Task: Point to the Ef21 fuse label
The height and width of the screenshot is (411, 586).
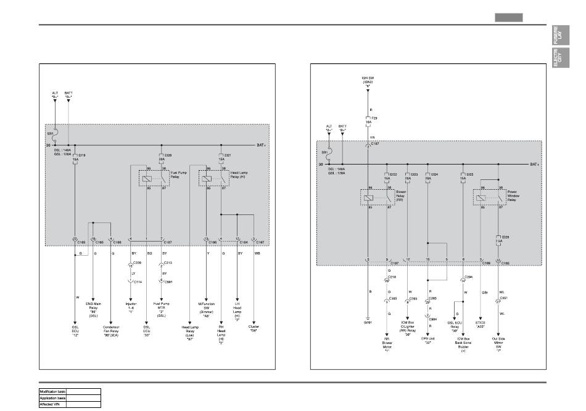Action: tap(228, 155)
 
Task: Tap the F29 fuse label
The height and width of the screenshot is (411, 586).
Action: tap(373, 117)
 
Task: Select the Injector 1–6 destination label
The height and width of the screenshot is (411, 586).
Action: tap(131, 308)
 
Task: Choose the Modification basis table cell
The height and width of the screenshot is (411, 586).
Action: tap(53, 392)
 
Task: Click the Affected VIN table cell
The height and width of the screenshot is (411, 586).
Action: tap(53, 404)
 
